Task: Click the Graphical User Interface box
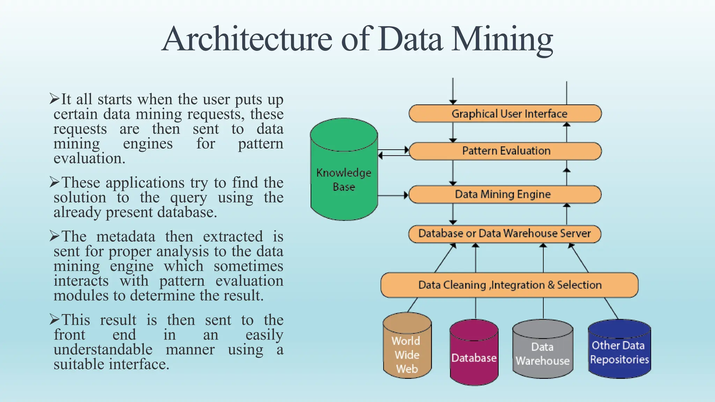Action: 505,114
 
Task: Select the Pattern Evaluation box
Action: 505,151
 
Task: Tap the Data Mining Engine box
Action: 505,194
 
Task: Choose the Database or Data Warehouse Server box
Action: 505,233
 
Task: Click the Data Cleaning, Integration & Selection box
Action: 509,285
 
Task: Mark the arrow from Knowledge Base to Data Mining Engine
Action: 393,195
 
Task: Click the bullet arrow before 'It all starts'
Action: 54,99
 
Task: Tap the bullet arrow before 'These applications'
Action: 54,182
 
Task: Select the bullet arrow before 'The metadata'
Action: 54,236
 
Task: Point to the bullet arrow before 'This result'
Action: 54,319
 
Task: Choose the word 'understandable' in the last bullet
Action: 103,350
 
